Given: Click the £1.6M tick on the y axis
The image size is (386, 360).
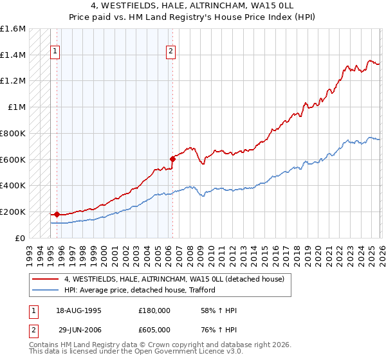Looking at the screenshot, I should click(13, 29).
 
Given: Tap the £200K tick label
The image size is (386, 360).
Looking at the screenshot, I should click(13, 212).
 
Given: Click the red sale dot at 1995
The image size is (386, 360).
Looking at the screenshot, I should click(57, 214).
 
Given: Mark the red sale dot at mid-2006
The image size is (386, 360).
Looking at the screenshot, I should click(172, 159).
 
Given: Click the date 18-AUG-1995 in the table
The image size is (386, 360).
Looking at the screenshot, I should click(80, 310).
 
